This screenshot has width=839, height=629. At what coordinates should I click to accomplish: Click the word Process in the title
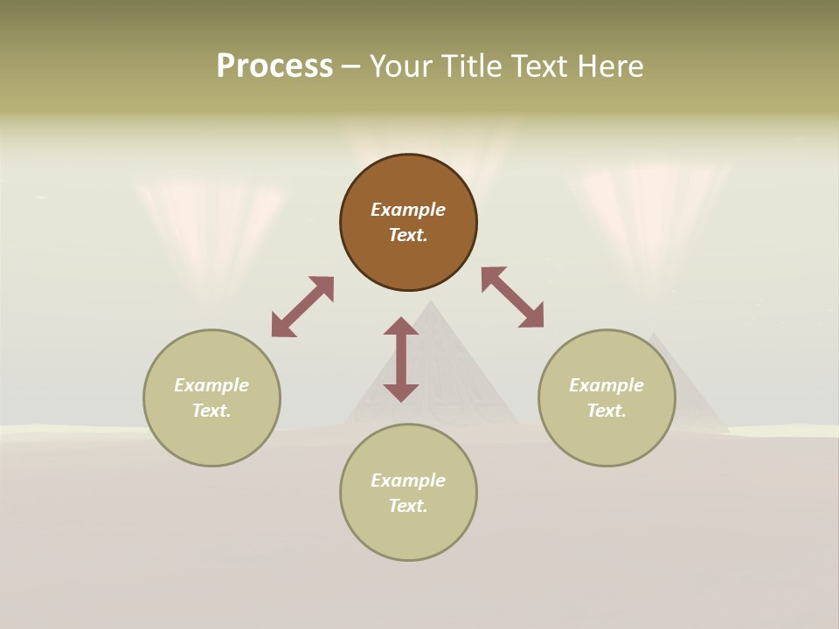coord(274,66)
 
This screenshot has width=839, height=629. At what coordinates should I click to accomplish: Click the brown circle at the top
coord(408,253)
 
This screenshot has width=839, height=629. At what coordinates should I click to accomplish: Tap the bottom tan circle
coord(408,533)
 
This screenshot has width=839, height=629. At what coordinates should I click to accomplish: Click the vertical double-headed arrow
coord(401,359)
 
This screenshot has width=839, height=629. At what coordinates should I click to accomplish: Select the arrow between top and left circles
coord(302,307)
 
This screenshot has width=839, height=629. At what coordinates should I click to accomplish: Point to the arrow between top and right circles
coord(513,297)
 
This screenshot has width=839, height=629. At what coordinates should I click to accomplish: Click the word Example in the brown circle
coord(408,210)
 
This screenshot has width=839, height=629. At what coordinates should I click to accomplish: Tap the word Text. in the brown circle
coord(408,235)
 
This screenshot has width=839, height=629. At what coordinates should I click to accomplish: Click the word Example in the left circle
coord(211,385)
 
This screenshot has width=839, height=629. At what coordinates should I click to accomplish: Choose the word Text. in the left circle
coord(211,411)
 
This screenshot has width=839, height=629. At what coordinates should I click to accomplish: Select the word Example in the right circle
coord(607,385)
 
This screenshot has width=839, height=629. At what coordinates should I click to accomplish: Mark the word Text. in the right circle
coord(607,411)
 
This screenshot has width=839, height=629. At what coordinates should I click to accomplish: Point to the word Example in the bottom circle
coord(408,480)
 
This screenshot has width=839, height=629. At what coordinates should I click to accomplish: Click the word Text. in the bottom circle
coord(408,506)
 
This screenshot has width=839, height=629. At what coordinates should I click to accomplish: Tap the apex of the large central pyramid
coord(430,301)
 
